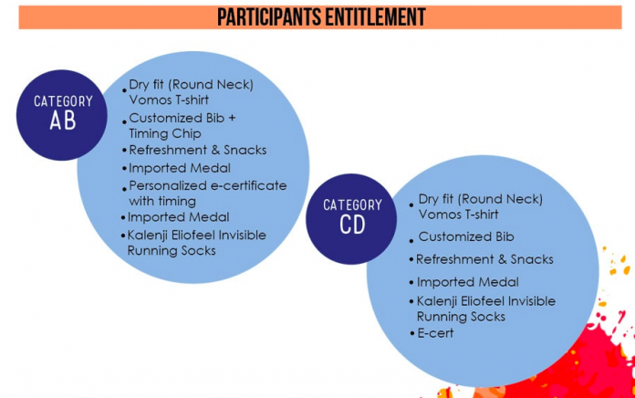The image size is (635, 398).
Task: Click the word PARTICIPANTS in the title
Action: [269, 17]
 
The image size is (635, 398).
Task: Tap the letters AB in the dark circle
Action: [63, 120]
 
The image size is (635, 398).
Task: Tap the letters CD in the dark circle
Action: [352, 225]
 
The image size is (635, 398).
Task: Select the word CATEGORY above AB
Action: [63, 101]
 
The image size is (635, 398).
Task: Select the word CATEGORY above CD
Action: [352, 204]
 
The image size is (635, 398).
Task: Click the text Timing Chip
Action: [165, 133]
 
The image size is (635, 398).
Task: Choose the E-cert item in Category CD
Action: [435, 333]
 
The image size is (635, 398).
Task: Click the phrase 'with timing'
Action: [162, 201]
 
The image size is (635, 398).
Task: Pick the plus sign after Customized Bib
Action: [232, 118]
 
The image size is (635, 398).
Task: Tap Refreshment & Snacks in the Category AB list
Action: [198, 150]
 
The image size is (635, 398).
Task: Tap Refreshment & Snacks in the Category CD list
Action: [484, 259]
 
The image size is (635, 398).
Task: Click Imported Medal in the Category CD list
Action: [468, 282]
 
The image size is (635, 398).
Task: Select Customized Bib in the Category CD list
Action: [466, 236]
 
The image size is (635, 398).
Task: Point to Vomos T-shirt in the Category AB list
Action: [169, 99]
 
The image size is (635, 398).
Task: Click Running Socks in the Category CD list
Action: [462, 317]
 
